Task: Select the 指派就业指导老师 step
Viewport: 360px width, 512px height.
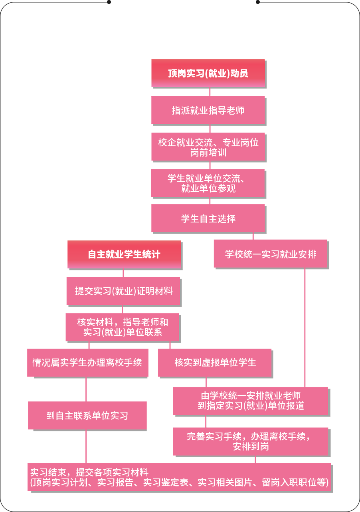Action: click(208, 110)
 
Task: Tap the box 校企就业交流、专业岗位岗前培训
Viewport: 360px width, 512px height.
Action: click(208, 147)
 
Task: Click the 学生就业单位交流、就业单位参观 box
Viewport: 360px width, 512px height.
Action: click(208, 183)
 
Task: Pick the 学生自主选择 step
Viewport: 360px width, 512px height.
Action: click(208, 218)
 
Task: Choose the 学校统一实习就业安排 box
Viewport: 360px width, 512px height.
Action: click(270, 254)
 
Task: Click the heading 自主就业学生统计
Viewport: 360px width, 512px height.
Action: click(124, 254)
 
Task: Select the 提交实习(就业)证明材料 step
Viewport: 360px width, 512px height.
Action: click(124, 291)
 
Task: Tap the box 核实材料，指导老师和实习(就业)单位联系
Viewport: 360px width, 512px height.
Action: click(123, 327)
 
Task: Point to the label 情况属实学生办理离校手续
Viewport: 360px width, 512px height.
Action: click(87, 363)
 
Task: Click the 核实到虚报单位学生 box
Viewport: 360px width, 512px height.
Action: click(215, 363)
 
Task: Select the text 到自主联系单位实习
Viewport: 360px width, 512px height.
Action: click(87, 416)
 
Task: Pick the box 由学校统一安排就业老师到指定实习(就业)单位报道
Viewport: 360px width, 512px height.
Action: click(251, 401)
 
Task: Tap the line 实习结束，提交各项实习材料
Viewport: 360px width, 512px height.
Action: click(89, 472)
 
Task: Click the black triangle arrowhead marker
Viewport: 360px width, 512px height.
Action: click(208, 422)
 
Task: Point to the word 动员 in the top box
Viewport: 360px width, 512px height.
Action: click(239, 73)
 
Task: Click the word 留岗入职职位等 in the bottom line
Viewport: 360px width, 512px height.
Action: click(299, 482)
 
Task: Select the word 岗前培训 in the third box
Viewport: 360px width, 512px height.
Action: click(208, 153)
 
